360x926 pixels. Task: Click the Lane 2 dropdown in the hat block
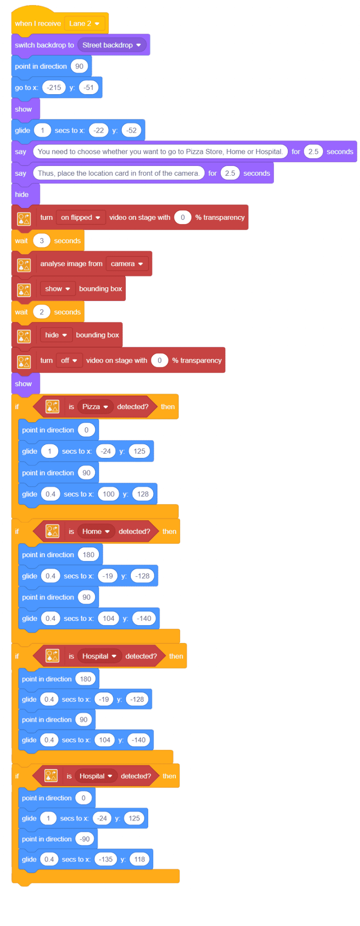84,23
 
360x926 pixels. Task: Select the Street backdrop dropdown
112,45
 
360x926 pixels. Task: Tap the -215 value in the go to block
54,88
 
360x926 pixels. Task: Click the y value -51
89,88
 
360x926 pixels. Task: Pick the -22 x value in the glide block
98,130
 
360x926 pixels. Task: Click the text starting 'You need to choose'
160,152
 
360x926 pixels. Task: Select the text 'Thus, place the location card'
119,173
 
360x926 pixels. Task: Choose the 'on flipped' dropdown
81,217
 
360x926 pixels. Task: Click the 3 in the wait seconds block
42,241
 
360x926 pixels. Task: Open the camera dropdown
127,264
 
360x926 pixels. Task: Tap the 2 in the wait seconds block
42,312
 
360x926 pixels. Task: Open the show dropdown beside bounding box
58,289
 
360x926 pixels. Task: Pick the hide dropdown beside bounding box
56,335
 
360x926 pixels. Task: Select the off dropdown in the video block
69,360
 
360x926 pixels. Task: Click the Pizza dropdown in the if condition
95,407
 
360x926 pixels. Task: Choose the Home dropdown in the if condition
96,531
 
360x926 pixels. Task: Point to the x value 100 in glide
108,494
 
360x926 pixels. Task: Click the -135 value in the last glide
105,859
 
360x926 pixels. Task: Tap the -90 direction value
85,839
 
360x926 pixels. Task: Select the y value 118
140,859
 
